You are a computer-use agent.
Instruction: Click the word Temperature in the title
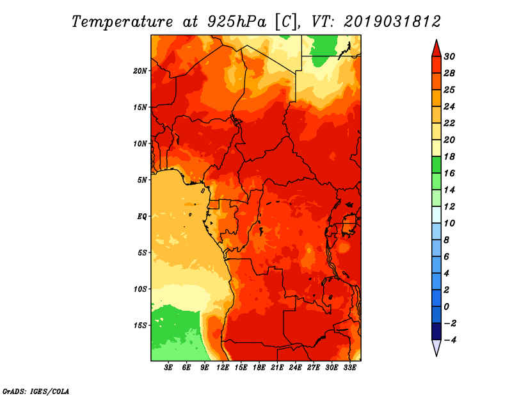[x=124, y=21]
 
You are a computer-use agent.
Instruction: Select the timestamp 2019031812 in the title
[x=392, y=21]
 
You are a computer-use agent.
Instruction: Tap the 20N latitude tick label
[x=140, y=70]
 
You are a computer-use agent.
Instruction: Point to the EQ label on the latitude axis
[x=142, y=217]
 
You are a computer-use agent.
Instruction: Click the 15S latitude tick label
[x=140, y=326]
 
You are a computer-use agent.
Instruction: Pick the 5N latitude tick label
[x=142, y=180]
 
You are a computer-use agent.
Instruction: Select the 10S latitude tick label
[x=140, y=289]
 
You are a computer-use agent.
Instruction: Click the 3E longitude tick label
[x=169, y=368]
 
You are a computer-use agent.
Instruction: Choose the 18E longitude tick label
[x=259, y=368]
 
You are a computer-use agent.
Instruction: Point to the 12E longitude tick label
[x=223, y=368]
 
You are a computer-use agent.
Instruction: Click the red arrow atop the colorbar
[x=436, y=48]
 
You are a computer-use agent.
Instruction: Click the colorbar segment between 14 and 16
[x=436, y=181]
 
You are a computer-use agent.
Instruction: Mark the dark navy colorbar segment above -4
[x=436, y=331]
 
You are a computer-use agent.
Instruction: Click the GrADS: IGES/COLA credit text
[x=35, y=391]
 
